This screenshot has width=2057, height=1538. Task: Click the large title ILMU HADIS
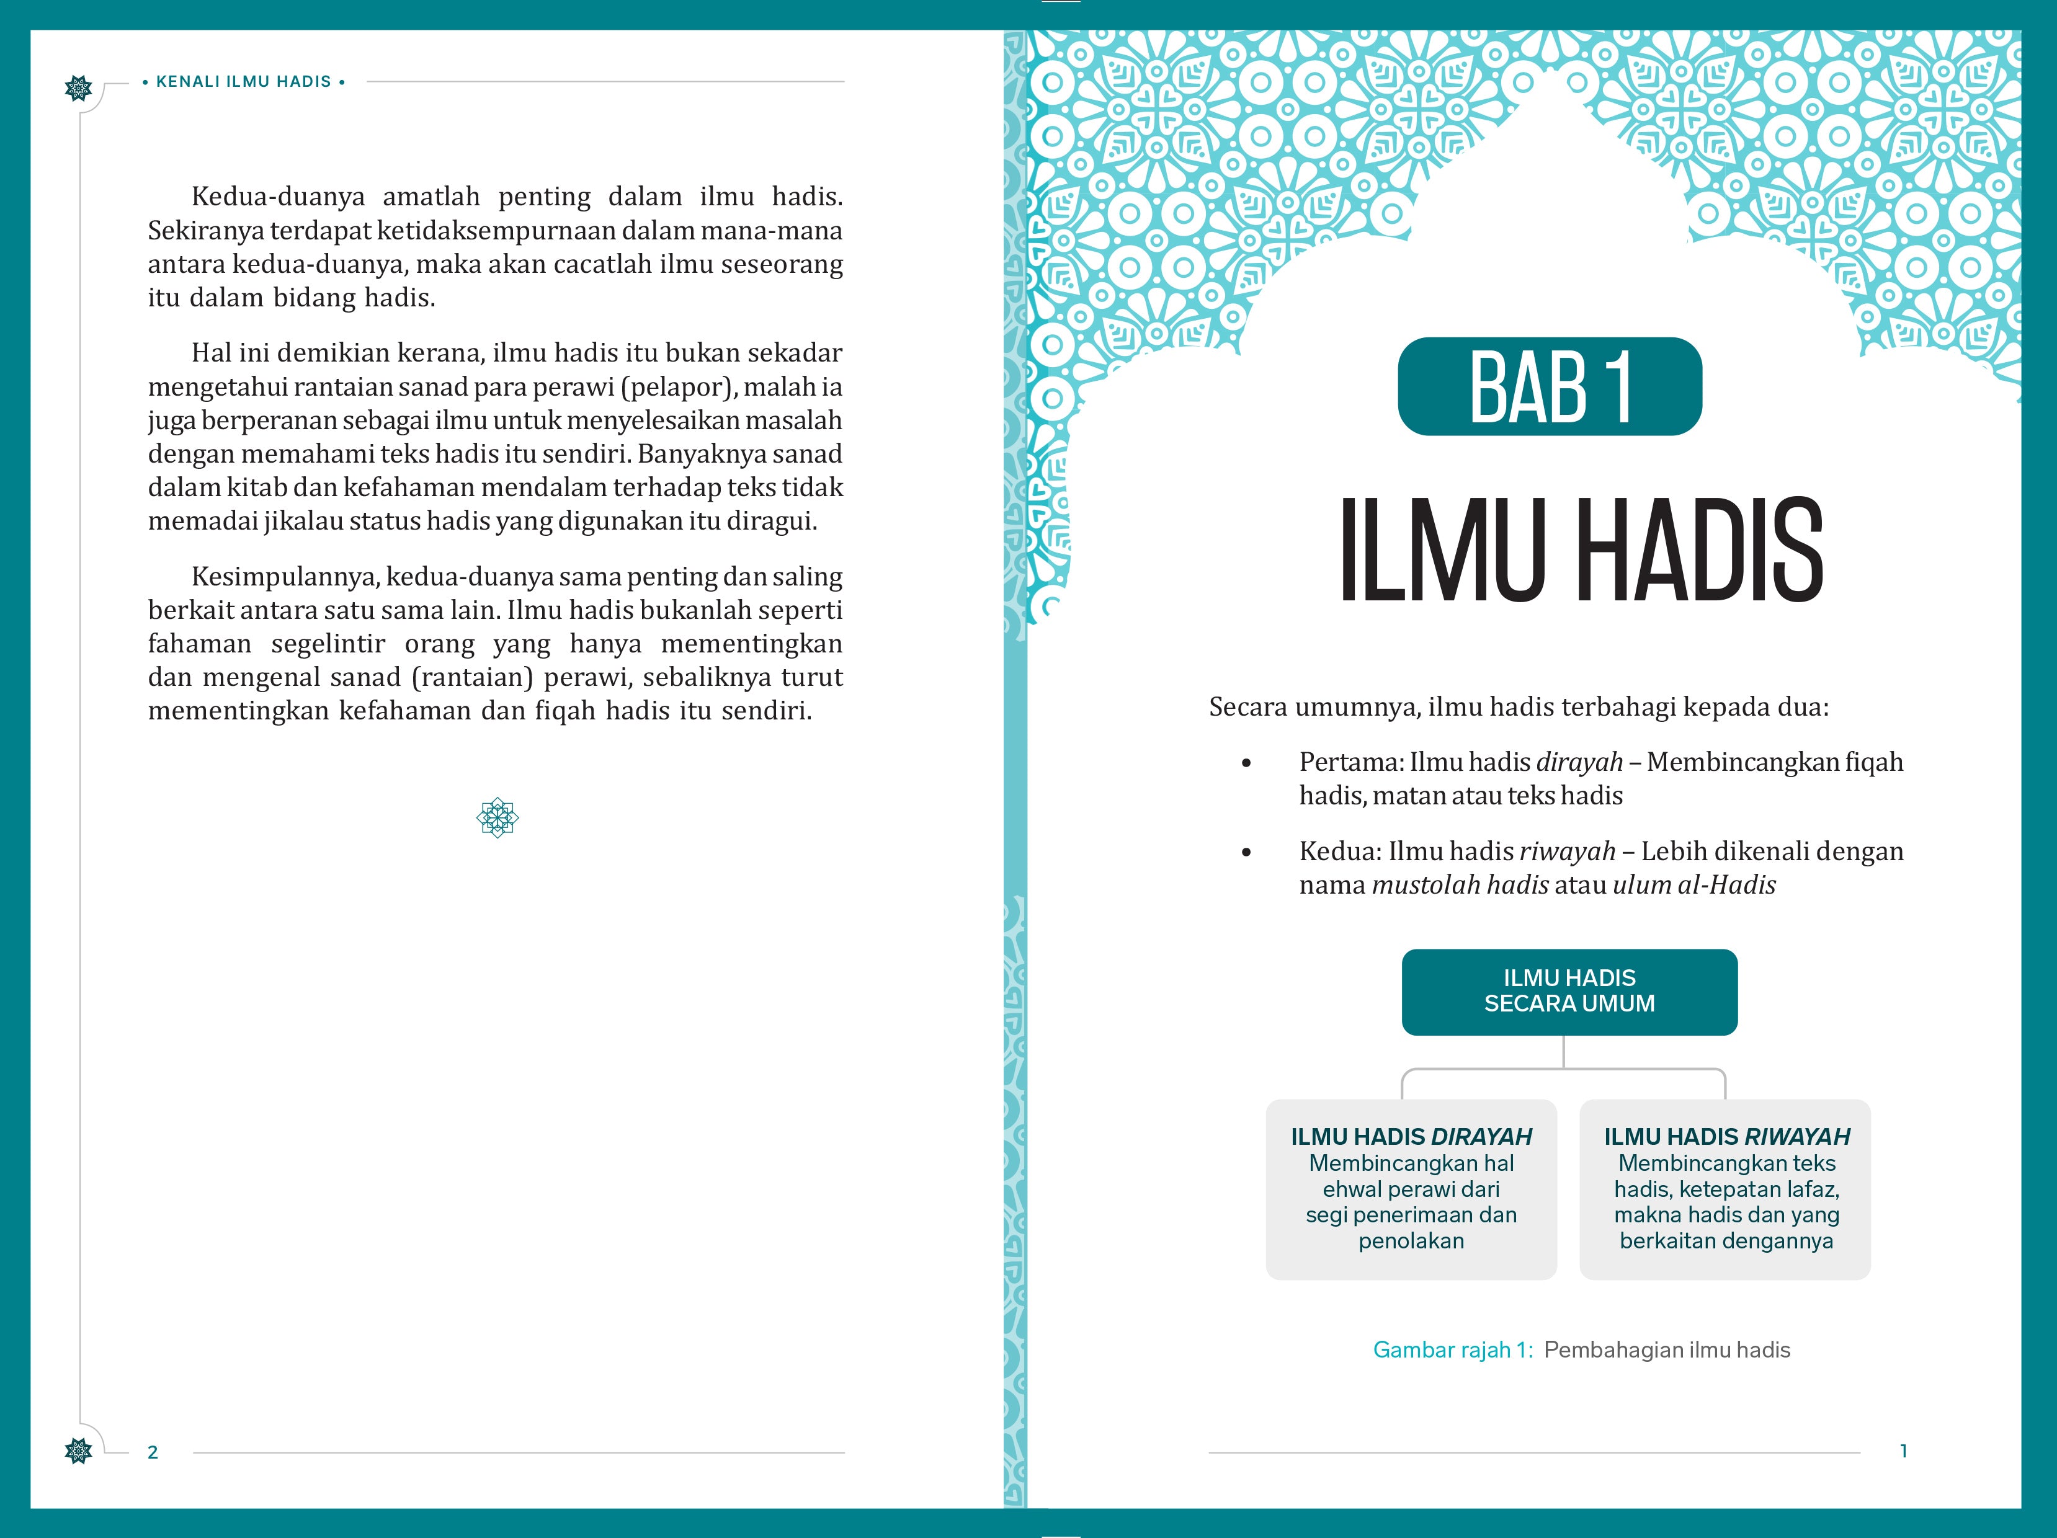(1581, 551)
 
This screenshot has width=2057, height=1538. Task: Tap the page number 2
(153, 1452)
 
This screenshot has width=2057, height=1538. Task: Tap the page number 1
(1904, 1451)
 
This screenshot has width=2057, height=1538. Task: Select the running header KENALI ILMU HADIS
(244, 82)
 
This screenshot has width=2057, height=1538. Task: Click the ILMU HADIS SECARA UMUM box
(1569, 991)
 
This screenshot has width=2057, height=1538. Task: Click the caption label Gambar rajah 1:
(1453, 1350)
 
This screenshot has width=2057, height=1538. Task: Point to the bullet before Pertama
(1247, 763)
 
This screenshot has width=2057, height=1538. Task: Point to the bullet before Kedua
(1247, 853)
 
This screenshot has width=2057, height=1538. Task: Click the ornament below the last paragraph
(498, 818)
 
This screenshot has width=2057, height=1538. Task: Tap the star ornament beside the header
(79, 88)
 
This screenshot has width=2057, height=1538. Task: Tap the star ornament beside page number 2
(79, 1450)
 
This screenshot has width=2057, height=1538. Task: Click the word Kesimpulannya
(285, 577)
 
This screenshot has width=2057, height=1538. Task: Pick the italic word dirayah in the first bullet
(1579, 763)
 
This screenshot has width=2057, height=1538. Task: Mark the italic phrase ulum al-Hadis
(1693, 885)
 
